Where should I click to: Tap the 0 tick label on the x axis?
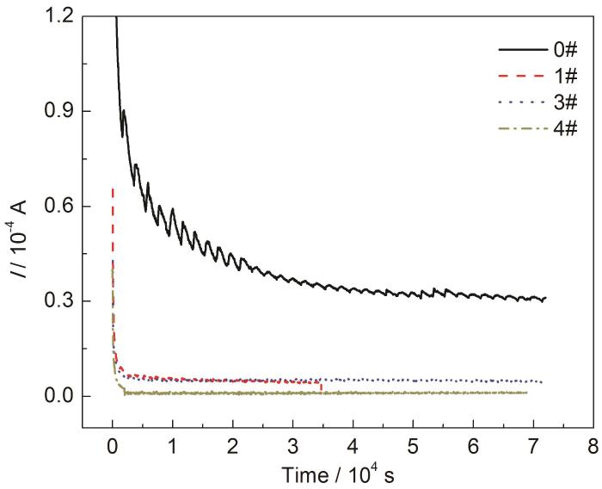pos(113,445)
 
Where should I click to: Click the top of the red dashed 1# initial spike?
pos(113,188)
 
